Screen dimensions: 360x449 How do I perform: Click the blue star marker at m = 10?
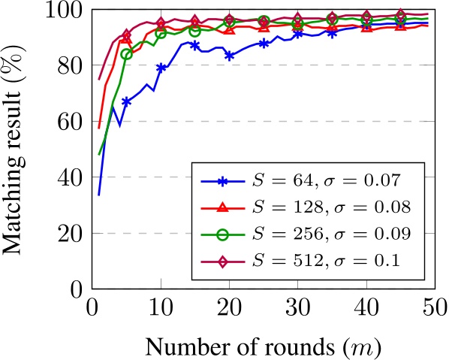click(x=161, y=68)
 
